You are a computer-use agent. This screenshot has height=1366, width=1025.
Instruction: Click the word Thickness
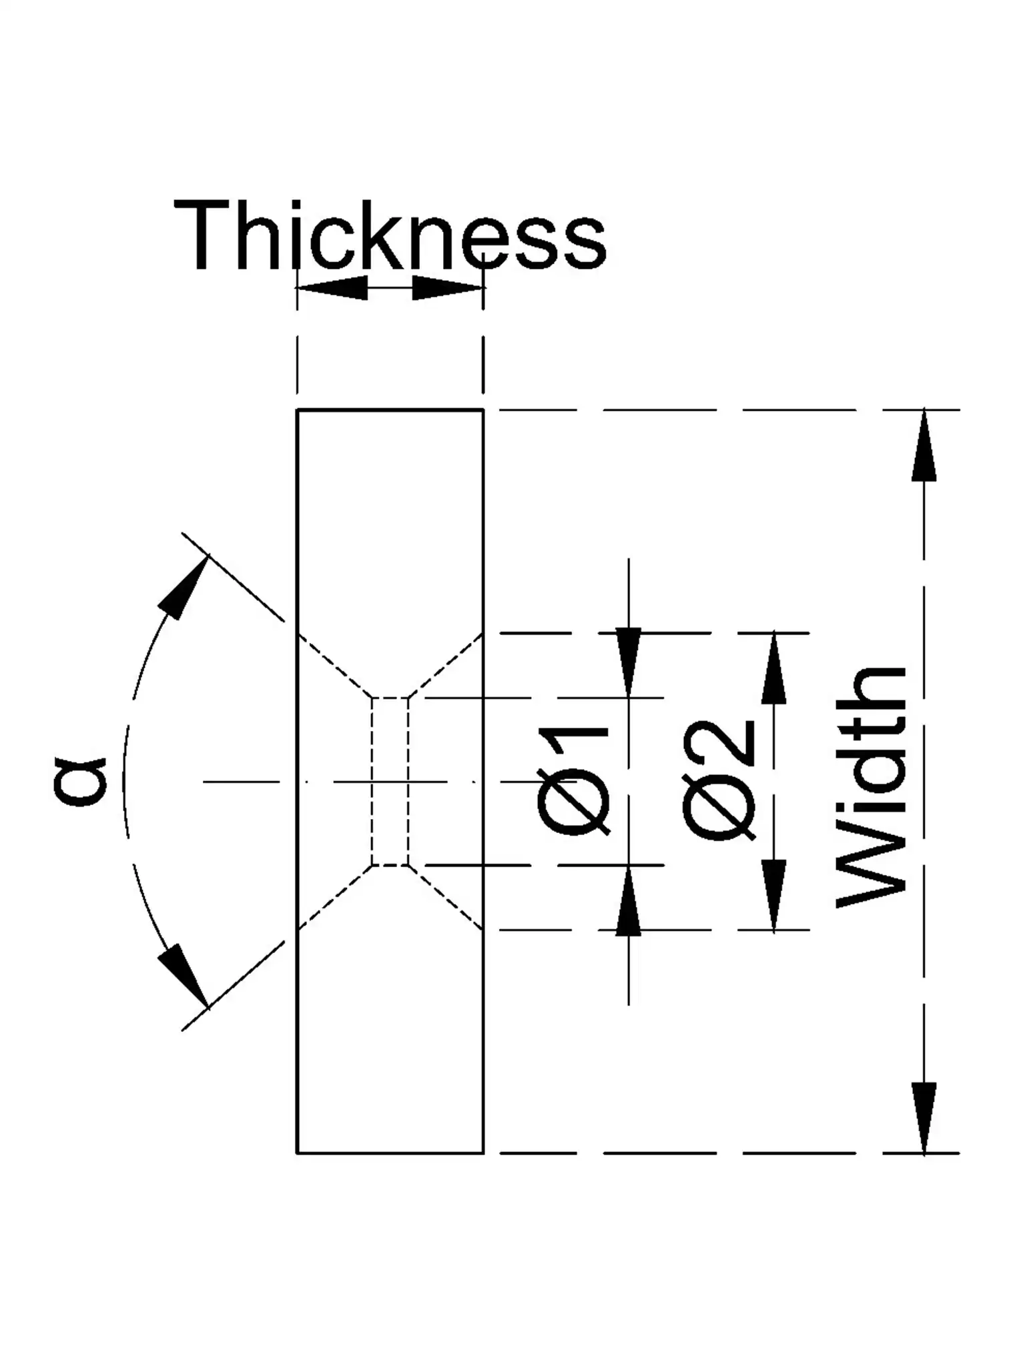[x=390, y=236]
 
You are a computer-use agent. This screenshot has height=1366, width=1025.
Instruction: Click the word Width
[x=872, y=787]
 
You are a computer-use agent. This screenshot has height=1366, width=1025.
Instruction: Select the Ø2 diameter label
[x=719, y=780]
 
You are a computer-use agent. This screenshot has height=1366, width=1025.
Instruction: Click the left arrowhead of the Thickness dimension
[x=332, y=288]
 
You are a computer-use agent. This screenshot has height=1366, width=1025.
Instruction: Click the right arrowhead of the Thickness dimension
[x=448, y=288]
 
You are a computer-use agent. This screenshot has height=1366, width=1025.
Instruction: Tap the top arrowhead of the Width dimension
[x=924, y=445]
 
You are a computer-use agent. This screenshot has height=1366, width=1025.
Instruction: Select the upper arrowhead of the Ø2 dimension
[x=773, y=668]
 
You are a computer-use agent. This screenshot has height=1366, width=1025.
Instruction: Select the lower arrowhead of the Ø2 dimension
[x=773, y=894]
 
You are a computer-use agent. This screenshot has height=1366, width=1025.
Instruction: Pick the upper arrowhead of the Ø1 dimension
[x=628, y=663]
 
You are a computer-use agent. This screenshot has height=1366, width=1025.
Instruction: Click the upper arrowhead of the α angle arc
[x=183, y=587]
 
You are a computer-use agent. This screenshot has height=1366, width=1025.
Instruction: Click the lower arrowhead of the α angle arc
[x=183, y=974]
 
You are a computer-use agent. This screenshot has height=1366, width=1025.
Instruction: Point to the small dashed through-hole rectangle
[x=390, y=782]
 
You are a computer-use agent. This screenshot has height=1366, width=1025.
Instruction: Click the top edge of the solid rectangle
[x=390, y=410]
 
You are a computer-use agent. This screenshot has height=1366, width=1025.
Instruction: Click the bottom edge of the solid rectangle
[x=390, y=1153]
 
